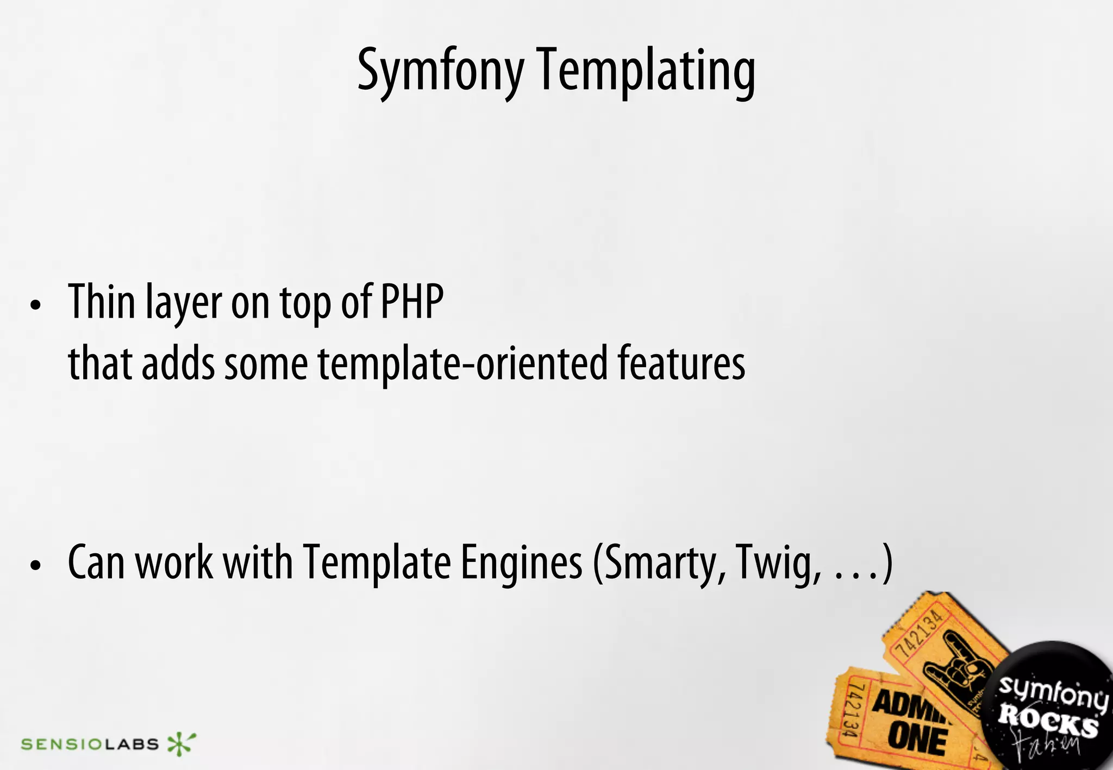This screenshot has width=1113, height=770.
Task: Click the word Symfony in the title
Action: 440,71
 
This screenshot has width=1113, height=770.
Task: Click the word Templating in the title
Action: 647,71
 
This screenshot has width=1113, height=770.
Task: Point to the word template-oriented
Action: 462,364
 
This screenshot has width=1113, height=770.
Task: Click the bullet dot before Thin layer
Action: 36,305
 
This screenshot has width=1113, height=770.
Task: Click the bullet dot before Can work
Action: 36,566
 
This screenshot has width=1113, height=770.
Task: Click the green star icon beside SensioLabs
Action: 181,743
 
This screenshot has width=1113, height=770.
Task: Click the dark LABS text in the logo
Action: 131,744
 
